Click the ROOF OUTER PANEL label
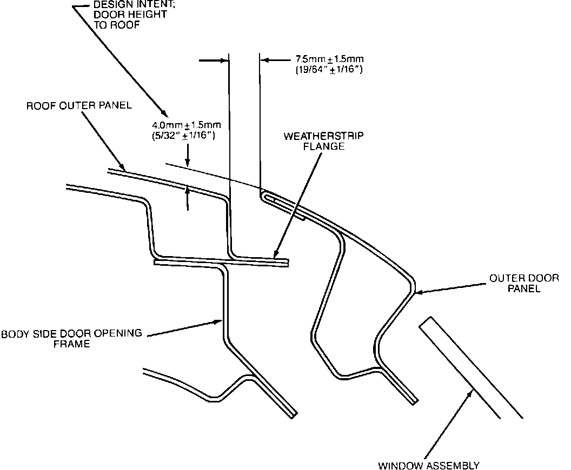click(79, 105)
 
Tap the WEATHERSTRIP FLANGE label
click(323, 140)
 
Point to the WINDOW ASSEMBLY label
click(428, 465)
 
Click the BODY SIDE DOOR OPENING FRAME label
click(71, 338)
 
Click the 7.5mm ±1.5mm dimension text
click(329, 59)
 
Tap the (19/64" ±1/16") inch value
click(329, 70)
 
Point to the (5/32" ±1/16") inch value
click(186, 136)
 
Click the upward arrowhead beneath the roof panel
click(188, 189)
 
